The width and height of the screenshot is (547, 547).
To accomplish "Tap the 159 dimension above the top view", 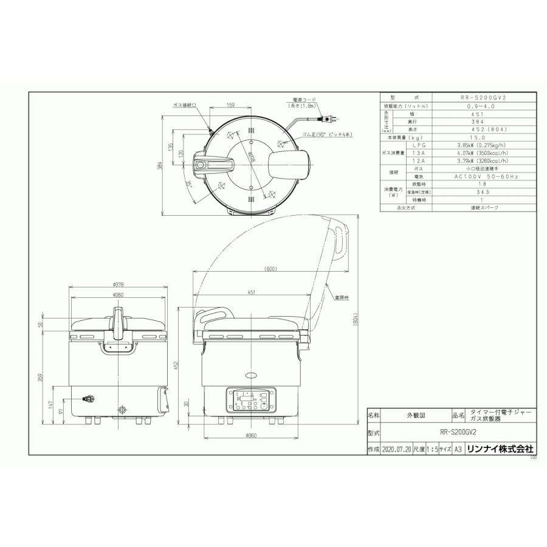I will pos(231,106).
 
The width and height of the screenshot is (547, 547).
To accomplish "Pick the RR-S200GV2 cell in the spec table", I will pos(485,97).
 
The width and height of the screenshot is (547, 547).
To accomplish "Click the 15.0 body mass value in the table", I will pos(485,138).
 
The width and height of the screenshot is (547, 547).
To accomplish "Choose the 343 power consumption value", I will pos(485,191).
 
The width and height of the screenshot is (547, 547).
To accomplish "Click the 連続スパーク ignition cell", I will pos(485,207).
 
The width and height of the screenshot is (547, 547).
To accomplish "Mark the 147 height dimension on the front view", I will pos(52,404).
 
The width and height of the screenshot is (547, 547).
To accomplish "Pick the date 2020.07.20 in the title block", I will pos(396,450).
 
